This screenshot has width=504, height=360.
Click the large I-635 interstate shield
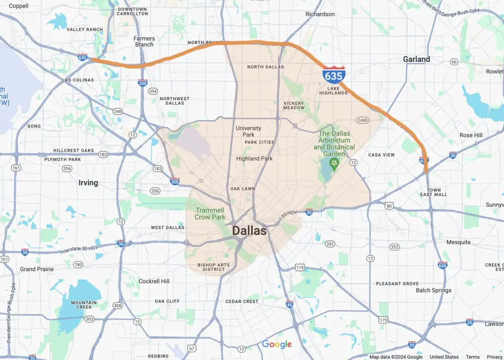(334, 75)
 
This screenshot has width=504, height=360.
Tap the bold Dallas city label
(249, 231)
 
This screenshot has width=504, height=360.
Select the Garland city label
(416, 59)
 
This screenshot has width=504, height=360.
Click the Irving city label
(88, 183)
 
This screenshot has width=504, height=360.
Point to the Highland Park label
(254, 158)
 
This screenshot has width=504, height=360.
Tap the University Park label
(248, 131)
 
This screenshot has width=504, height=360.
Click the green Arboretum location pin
(334, 163)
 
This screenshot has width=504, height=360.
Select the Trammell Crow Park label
(210, 214)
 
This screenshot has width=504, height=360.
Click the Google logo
(277, 344)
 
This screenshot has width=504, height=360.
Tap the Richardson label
(320, 14)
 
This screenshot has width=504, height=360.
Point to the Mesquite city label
(458, 242)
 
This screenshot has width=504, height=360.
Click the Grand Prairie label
(37, 269)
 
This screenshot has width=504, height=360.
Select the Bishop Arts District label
(214, 267)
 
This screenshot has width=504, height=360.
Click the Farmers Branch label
(144, 41)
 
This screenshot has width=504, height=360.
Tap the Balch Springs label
(433, 290)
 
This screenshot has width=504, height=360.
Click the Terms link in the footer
(472, 357)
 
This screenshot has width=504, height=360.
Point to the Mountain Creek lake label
(84, 305)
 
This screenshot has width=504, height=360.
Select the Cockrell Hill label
(154, 281)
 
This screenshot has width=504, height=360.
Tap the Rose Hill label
(471, 135)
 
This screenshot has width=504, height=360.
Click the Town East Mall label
(434, 192)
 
